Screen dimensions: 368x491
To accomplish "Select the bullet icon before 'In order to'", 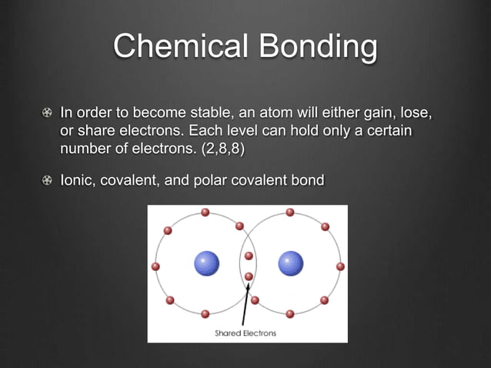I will point(48,115).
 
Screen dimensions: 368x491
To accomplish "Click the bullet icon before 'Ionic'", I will point(48,180).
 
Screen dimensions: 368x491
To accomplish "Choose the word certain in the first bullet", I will point(389,132).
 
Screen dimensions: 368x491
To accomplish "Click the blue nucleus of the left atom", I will point(206,263).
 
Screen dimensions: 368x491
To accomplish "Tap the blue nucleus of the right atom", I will point(291,263).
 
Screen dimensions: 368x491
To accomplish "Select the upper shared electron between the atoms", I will point(249,256).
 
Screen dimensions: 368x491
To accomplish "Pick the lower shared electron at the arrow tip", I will point(249,275).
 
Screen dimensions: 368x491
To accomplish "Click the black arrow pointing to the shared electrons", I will point(245,304).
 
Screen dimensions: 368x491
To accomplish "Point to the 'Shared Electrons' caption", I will point(245,333).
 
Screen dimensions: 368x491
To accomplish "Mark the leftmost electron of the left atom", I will point(155,266).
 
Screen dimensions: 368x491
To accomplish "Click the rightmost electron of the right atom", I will point(340,266).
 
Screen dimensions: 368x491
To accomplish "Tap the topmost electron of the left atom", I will point(205,212).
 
